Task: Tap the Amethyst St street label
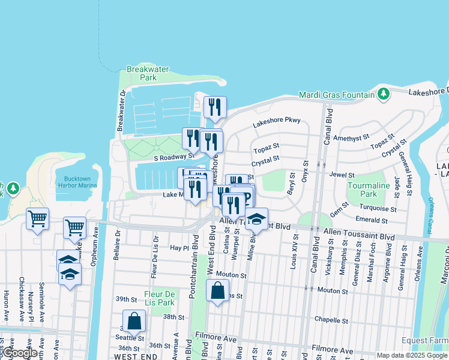(x=354, y=137)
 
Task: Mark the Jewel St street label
(x=342, y=174)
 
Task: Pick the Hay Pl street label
(x=179, y=247)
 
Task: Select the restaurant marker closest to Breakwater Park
(x=215, y=107)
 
